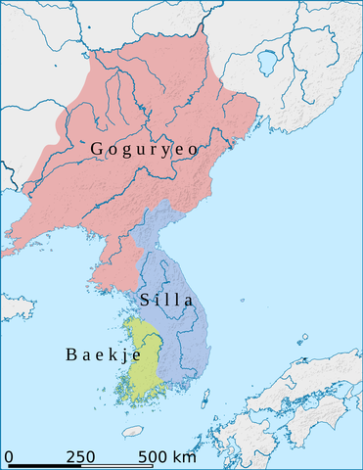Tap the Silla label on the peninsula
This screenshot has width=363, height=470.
coord(166,300)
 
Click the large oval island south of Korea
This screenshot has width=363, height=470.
coord(133,431)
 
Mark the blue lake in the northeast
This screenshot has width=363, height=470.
coord(264,65)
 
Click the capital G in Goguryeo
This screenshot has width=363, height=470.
coord(97,149)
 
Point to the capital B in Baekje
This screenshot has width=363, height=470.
coord(71,353)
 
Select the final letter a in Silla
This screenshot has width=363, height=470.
coord(188,301)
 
